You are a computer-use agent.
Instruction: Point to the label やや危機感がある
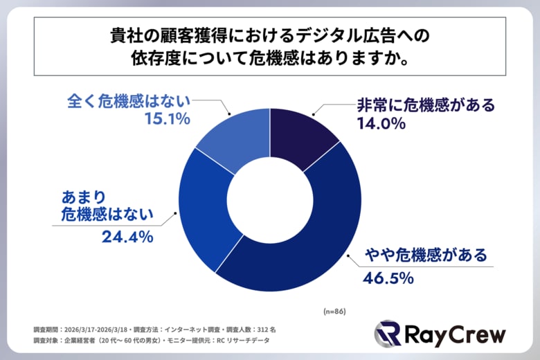(x=420, y=256)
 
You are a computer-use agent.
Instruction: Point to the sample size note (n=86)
(x=334, y=311)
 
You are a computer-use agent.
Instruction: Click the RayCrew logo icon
(x=388, y=334)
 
